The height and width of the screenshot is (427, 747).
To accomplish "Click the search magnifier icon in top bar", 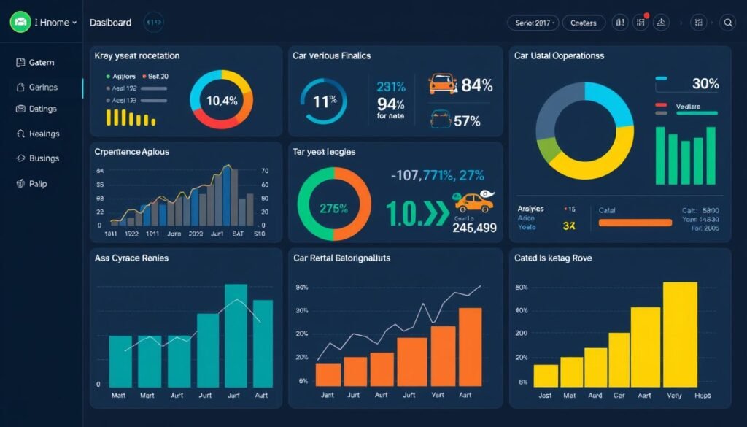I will click(727, 23).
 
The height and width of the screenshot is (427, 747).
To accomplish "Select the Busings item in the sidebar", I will click(43, 158).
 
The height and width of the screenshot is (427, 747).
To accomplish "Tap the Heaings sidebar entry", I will click(44, 134).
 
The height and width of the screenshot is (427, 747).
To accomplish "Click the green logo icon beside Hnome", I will click(20, 23).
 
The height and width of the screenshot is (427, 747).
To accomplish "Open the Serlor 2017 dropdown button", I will click(533, 23).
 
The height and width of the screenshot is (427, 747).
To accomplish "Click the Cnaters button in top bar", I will click(583, 23).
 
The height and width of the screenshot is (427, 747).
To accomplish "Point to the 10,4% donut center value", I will click(222, 101).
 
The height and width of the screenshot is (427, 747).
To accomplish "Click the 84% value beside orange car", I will click(477, 85).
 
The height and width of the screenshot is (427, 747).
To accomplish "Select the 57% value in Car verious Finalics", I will click(467, 121).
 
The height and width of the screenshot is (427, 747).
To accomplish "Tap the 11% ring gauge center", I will click(325, 102).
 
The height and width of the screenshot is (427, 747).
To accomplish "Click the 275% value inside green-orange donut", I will click(334, 207).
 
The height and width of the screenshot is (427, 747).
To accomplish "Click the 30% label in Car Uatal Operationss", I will click(705, 84).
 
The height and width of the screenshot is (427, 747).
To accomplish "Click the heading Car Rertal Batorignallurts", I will click(341, 258).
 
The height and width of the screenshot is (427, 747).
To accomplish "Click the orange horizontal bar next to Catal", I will click(635, 223).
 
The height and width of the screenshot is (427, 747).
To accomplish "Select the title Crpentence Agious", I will click(132, 152).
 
